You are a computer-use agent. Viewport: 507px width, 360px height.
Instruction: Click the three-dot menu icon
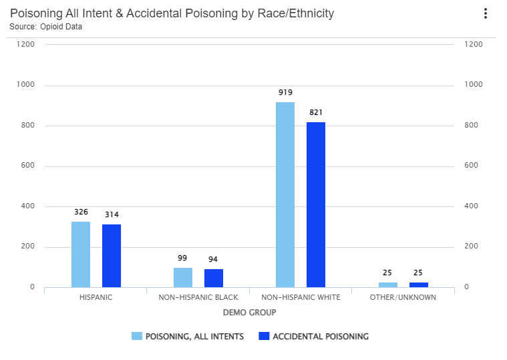point(486,13)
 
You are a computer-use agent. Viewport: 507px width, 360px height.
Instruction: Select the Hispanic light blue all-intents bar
point(81,254)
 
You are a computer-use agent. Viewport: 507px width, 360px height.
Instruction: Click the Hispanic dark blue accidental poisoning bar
point(112,256)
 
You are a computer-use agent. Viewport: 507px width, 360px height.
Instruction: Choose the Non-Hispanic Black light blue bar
point(183,278)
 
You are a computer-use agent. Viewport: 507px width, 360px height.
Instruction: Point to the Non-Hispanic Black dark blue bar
point(214,279)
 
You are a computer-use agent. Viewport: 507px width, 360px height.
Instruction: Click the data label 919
point(286,93)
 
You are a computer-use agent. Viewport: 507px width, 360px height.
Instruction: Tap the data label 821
point(316,113)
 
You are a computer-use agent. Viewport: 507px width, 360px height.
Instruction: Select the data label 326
point(81,212)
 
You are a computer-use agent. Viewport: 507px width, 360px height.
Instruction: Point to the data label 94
point(213,259)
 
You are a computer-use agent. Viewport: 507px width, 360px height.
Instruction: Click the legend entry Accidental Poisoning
point(314,337)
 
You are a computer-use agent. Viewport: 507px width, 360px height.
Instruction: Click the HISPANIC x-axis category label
point(96,297)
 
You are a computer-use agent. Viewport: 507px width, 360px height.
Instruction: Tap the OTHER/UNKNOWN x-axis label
point(403,297)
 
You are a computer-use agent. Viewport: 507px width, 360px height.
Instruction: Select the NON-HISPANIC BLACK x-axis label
point(198,297)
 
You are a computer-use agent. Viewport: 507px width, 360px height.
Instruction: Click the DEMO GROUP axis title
point(249,313)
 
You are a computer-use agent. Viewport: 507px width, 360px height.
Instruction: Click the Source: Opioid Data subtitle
point(46,27)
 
